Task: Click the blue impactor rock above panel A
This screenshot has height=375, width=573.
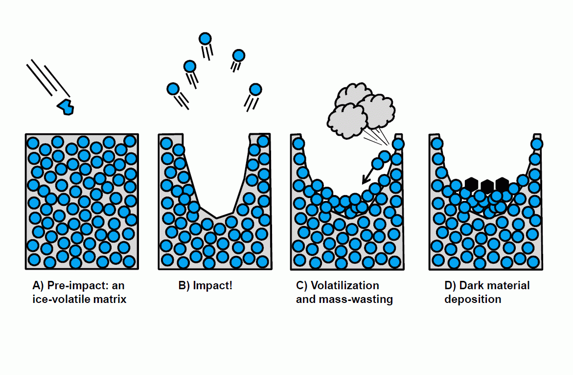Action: coord(66,106)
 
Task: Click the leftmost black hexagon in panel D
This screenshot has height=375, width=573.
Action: coord(471,184)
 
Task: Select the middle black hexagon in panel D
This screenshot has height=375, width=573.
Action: coord(487,185)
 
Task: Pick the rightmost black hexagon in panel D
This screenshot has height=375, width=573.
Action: coord(502,184)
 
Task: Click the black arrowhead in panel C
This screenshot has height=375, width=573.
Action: coord(364,181)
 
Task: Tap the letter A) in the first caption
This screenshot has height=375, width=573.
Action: coord(38,286)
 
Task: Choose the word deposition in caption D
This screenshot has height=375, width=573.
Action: coord(473,299)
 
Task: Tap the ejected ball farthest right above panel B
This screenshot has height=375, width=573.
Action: coord(255,89)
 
